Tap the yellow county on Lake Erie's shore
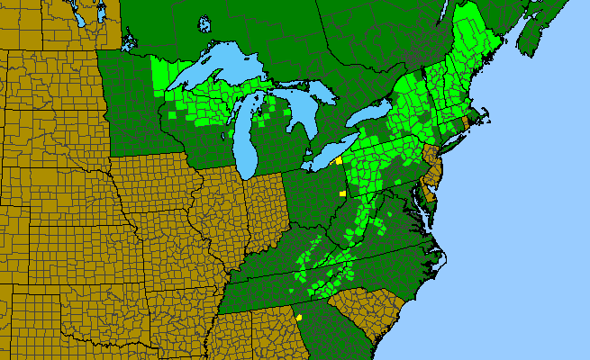pyautogui.click(x=338, y=160)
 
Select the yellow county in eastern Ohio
pyautogui.click(x=342, y=193)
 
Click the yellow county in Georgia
pyautogui.click(x=298, y=317)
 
